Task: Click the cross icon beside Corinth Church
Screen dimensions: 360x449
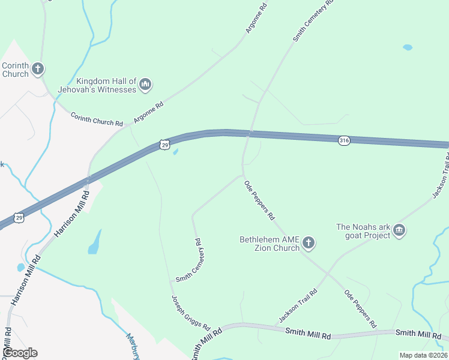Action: (x=38, y=69)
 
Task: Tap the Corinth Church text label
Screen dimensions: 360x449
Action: (x=15, y=70)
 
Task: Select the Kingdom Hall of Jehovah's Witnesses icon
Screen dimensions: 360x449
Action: (x=145, y=86)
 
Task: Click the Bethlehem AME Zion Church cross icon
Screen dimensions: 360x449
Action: (x=309, y=243)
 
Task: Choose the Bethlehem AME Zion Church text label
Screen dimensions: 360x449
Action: (x=270, y=243)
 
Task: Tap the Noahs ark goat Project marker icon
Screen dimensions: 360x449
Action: (x=400, y=231)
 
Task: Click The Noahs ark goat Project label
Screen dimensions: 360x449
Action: (x=363, y=231)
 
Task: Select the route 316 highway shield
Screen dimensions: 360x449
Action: (x=343, y=140)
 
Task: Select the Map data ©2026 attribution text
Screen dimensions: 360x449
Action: (x=423, y=355)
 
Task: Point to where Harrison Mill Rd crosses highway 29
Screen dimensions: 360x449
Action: (x=88, y=179)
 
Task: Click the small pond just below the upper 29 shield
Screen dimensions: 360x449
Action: (x=175, y=152)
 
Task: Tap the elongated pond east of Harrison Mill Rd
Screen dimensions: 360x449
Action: (x=94, y=242)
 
